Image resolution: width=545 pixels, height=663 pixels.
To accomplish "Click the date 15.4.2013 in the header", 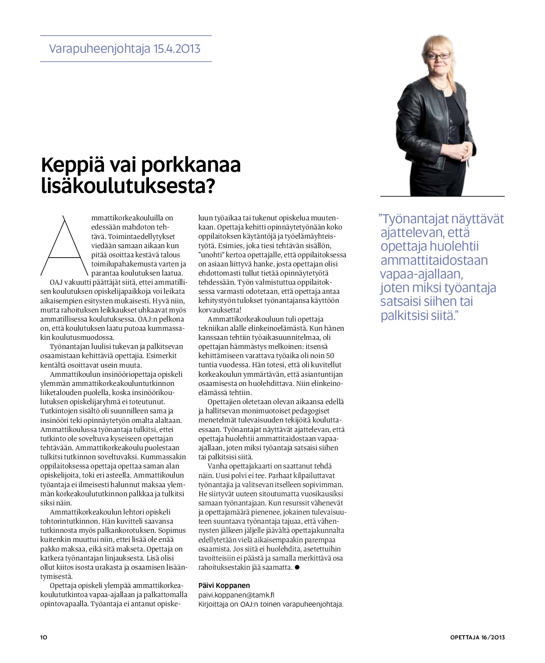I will point(177,49).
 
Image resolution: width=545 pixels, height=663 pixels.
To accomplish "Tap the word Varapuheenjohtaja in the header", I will point(100,49).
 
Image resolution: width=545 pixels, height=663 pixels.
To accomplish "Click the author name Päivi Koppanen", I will point(224,585).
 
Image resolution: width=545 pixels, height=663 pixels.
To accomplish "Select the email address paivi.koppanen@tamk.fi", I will point(236,595).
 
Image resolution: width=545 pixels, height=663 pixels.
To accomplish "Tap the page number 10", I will point(44,637).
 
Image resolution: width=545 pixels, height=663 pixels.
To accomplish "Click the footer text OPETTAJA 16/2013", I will point(477,637).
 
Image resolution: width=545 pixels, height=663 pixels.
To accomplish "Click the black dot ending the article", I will point(297,567).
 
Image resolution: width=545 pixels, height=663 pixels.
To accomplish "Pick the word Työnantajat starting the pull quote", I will point(413,219).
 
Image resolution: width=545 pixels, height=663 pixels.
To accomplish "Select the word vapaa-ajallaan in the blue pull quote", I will point(421,274).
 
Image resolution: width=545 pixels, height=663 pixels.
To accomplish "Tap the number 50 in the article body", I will point(330,356).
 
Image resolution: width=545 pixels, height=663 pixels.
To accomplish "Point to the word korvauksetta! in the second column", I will point(220,310).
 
